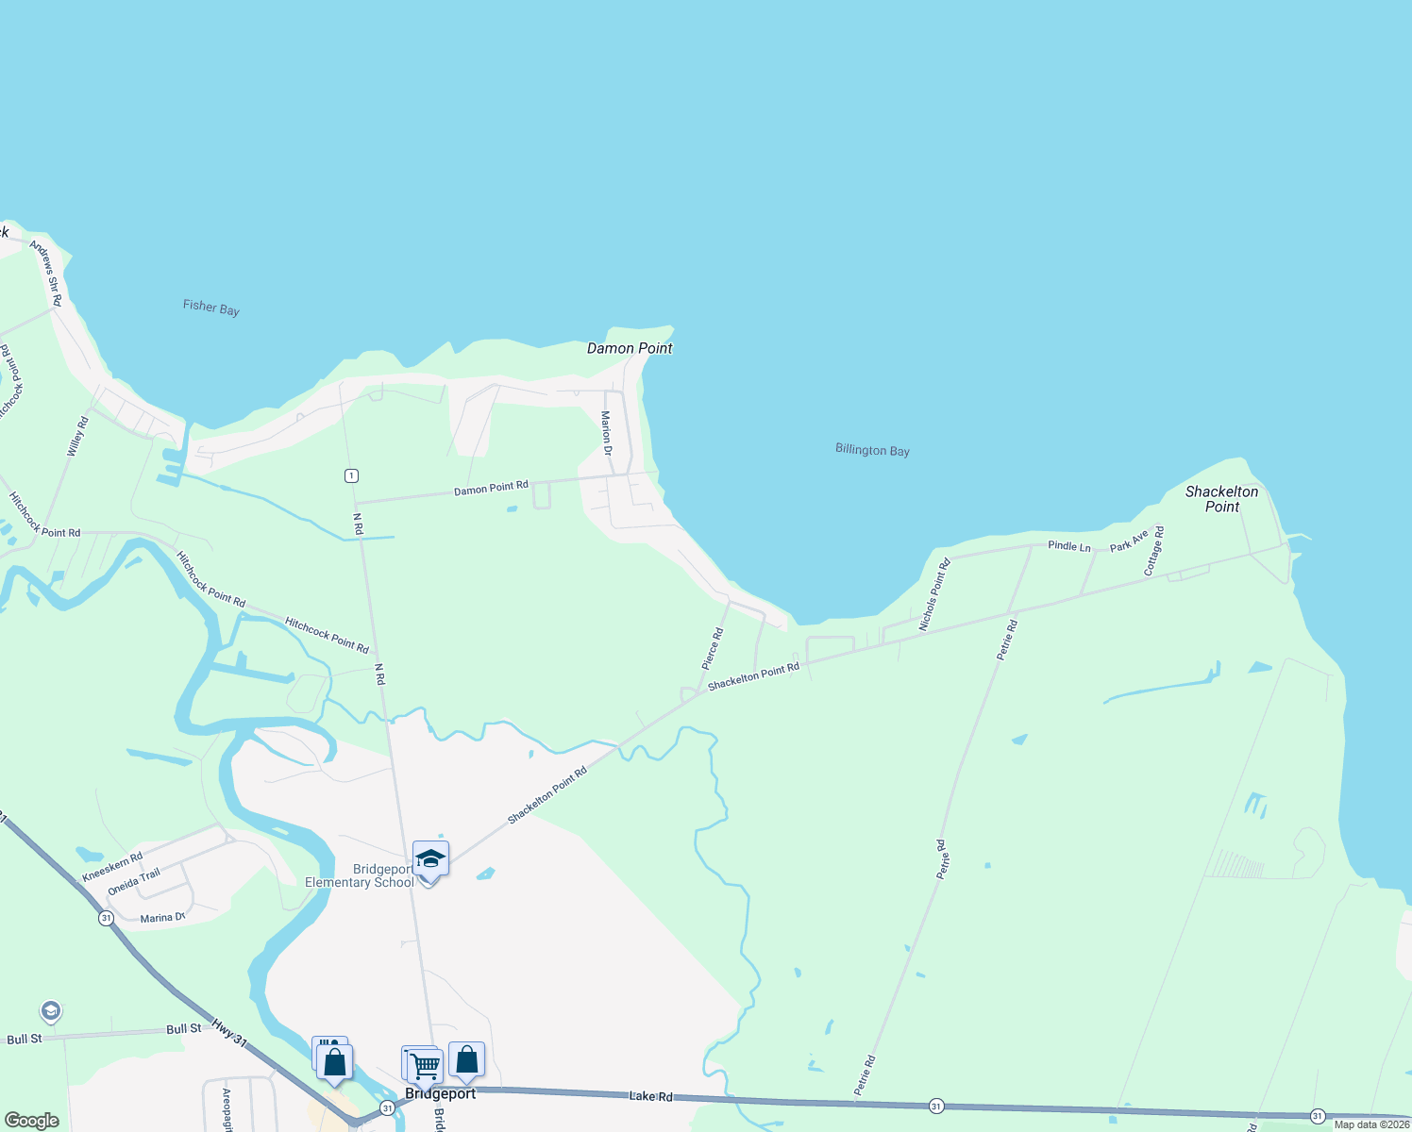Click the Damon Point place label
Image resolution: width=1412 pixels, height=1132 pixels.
point(630,348)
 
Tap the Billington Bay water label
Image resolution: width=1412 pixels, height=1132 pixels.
point(872,450)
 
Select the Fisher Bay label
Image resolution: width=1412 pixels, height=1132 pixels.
point(210,308)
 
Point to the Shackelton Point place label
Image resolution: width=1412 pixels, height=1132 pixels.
point(1221,499)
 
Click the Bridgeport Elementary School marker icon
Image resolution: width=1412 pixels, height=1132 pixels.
point(430,859)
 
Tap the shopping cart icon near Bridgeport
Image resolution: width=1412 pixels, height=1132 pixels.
point(426,1066)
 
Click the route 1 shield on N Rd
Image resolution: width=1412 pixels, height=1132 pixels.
point(351,475)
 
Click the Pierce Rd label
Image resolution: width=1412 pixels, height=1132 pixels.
point(713,649)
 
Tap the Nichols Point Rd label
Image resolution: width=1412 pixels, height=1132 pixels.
point(934,594)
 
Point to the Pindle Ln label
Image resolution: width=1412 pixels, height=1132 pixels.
point(1068,546)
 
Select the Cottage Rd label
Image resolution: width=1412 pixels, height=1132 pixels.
point(1153,551)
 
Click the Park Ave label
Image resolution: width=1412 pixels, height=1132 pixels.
point(1129,541)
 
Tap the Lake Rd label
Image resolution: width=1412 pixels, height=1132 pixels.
point(651,1096)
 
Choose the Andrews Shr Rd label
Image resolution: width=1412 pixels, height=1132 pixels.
point(45,273)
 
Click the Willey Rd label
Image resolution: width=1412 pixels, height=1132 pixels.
point(77,437)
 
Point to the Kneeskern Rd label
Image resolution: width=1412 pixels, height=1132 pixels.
point(112,867)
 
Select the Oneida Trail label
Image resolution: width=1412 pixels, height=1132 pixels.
point(134,882)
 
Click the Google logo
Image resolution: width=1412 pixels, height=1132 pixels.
point(32,1121)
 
